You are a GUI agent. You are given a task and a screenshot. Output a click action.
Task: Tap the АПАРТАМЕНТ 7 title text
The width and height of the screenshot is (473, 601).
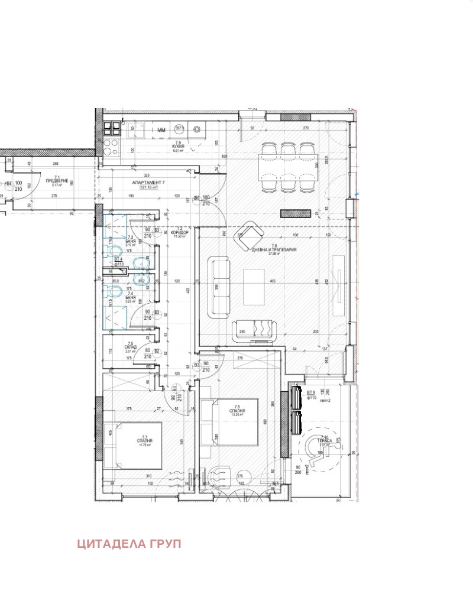(148, 183)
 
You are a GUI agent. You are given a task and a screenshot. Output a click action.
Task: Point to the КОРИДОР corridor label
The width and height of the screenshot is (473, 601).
(179, 233)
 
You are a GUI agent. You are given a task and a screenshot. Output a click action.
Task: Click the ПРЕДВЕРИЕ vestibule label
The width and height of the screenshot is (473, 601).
(57, 180)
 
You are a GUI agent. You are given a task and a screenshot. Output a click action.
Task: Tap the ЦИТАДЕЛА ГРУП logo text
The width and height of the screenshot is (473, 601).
(129, 544)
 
